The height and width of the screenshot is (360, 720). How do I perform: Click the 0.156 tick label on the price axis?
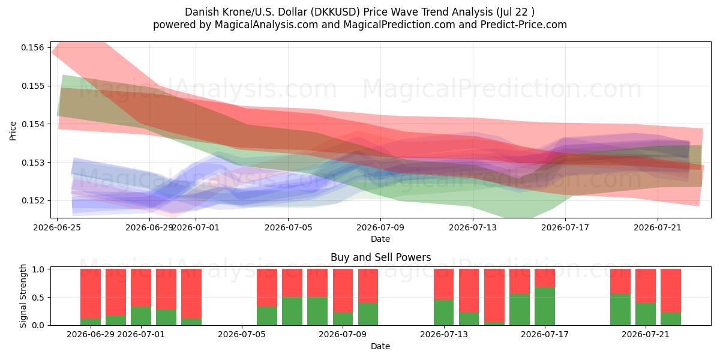[x=32, y=47]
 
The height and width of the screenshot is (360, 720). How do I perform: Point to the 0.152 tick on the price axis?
[x=32, y=200]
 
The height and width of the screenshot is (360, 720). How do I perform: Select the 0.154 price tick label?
[x=32, y=124]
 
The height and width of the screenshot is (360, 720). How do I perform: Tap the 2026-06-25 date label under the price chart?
[x=57, y=227]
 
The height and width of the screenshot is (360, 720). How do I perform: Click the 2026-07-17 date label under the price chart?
[x=565, y=227]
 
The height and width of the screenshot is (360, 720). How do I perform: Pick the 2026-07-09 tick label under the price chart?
[x=380, y=227]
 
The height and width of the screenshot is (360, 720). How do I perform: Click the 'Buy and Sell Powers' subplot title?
[x=380, y=257]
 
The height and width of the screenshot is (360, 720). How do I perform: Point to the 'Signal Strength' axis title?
[x=23, y=296]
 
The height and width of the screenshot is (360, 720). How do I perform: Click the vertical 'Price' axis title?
[x=13, y=131]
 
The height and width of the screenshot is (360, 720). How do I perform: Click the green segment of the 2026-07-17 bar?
[x=545, y=307]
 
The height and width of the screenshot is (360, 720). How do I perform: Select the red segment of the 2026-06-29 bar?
[x=91, y=294]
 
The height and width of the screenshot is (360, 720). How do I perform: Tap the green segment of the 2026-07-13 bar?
[x=444, y=313]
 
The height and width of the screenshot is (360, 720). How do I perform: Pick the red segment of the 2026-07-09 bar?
[x=343, y=291]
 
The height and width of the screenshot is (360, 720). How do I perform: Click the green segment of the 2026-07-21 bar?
[x=646, y=314]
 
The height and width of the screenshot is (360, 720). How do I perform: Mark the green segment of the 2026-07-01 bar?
[x=141, y=316]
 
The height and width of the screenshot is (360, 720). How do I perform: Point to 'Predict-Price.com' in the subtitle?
[x=524, y=25]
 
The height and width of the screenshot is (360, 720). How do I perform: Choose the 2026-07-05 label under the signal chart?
[x=242, y=335]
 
